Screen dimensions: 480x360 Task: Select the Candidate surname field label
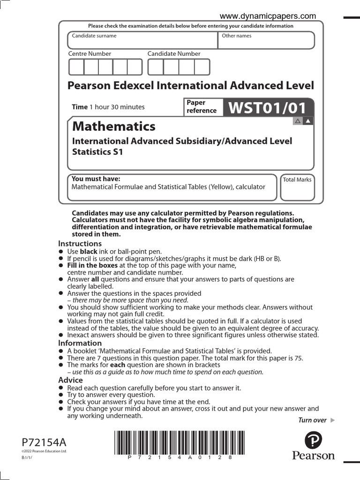pyautogui.click(x=94, y=36)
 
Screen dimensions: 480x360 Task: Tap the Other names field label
pyautogui.click(x=236, y=36)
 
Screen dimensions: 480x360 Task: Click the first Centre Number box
pyautogui.click(x=76, y=67)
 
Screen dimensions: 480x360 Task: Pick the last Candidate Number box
pyautogui.click(x=202, y=67)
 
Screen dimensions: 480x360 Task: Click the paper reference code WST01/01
pyautogui.click(x=267, y=108)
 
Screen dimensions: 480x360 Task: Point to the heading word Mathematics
pyautogui.click(x=113, y=126)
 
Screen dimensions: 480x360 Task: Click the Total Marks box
pyautogui.click(x=297, y=188)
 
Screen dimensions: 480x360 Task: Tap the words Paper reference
pyautogui.click(x=202, y=106)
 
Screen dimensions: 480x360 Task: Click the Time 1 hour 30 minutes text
pyautogui.click(x=108, y=107)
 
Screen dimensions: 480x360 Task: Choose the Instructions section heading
pyautogui.click(x=80, y=243)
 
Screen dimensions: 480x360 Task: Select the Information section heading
pyautogui.click(x=80, y=343)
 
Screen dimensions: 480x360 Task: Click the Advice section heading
pyautogui.click(x=70, y=380)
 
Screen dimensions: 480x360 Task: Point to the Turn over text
pyautogui.click(x=312, y=420)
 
